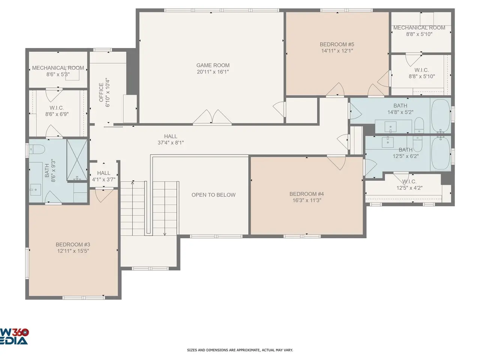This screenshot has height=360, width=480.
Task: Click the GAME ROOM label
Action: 213,65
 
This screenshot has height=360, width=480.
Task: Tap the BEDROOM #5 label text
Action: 337,44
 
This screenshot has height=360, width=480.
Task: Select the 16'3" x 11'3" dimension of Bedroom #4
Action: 307,200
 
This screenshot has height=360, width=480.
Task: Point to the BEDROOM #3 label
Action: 73,244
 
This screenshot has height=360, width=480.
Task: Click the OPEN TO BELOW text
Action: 213,195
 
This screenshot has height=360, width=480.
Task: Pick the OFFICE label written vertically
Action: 101,92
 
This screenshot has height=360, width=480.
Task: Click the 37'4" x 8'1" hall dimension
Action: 171,143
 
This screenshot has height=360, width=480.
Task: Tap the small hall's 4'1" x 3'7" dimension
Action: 103,180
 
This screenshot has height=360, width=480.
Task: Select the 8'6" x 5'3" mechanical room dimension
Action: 58,74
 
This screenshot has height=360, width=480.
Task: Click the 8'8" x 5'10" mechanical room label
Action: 419,34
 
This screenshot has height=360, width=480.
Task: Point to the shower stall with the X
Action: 77,160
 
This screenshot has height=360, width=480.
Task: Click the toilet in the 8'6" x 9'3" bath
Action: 37,150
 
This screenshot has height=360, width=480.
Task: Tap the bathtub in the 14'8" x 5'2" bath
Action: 440,115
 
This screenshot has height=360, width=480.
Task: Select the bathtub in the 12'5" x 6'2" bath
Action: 440,153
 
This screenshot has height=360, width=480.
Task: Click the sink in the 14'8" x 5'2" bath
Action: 390,127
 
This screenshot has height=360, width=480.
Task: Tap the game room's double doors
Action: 212,117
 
